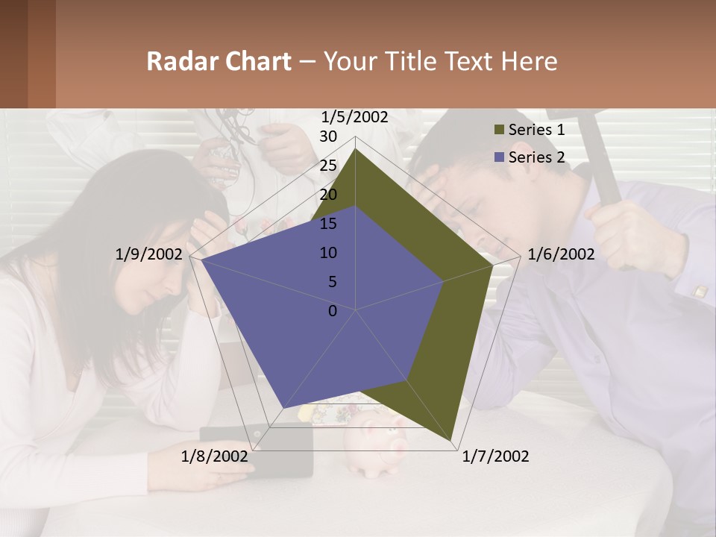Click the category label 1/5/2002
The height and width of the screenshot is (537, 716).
(355, 117)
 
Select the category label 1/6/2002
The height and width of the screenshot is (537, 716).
(561, 254)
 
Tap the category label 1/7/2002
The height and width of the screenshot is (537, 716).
(495, 456)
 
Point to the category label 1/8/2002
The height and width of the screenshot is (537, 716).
(214, 456)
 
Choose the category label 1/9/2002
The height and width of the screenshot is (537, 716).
(148, 254)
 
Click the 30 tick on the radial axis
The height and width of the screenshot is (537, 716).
(328, 136)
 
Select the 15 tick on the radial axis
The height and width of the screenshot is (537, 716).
(328, 224)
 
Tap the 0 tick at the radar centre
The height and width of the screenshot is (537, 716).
(333, 311)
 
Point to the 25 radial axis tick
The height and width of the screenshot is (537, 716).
(328, 166)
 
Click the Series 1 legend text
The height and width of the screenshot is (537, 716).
(536, 130)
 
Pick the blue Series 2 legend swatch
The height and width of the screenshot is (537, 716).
(499, 157)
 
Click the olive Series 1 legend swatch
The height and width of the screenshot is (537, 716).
(499, 130)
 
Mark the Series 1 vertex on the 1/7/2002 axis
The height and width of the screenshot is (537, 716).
(453, 441)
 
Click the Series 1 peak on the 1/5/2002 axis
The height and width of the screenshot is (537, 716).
(355, 148)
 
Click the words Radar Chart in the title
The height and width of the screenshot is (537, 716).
(219, 61)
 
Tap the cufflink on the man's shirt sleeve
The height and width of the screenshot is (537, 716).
(700, 292)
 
